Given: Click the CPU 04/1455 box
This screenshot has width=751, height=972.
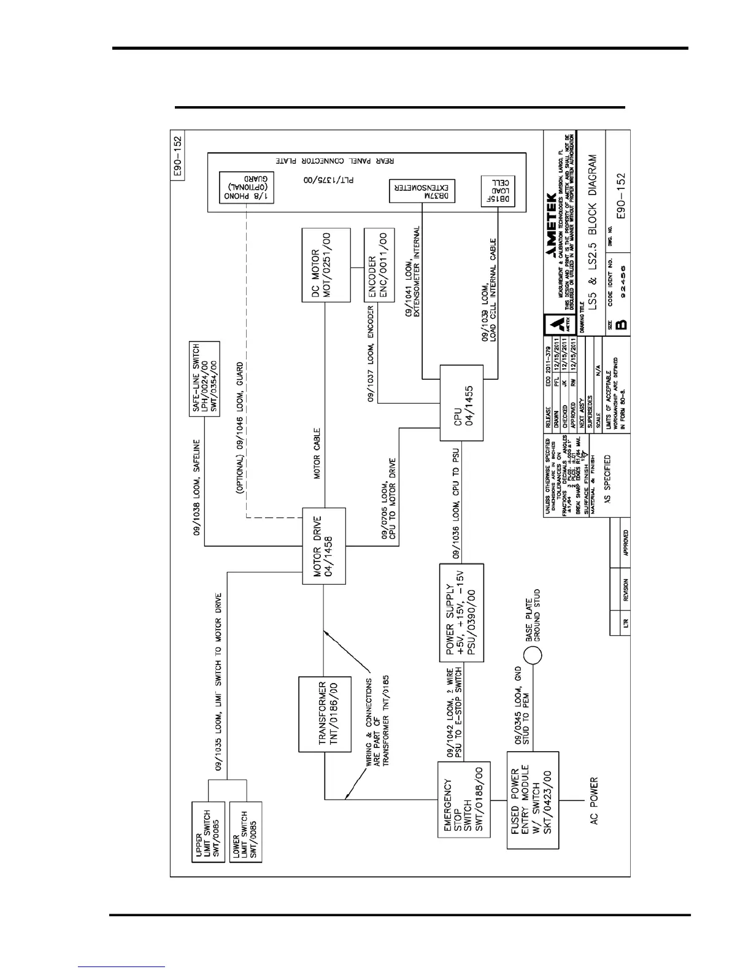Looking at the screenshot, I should [x=461, y=403].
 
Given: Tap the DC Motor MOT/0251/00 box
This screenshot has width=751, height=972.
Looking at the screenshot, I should [x=326, y=265].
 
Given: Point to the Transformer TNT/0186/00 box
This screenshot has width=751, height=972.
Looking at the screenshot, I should [x=323, y=714].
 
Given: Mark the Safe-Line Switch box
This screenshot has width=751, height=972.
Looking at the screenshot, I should [x=204, y=379].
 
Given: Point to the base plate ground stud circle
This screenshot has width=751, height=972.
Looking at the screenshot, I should [x=533, y=655].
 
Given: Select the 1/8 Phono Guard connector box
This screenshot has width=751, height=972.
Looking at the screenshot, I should [x=247, y=188].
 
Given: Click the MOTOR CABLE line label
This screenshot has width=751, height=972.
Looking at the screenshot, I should [x=317, y=453].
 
